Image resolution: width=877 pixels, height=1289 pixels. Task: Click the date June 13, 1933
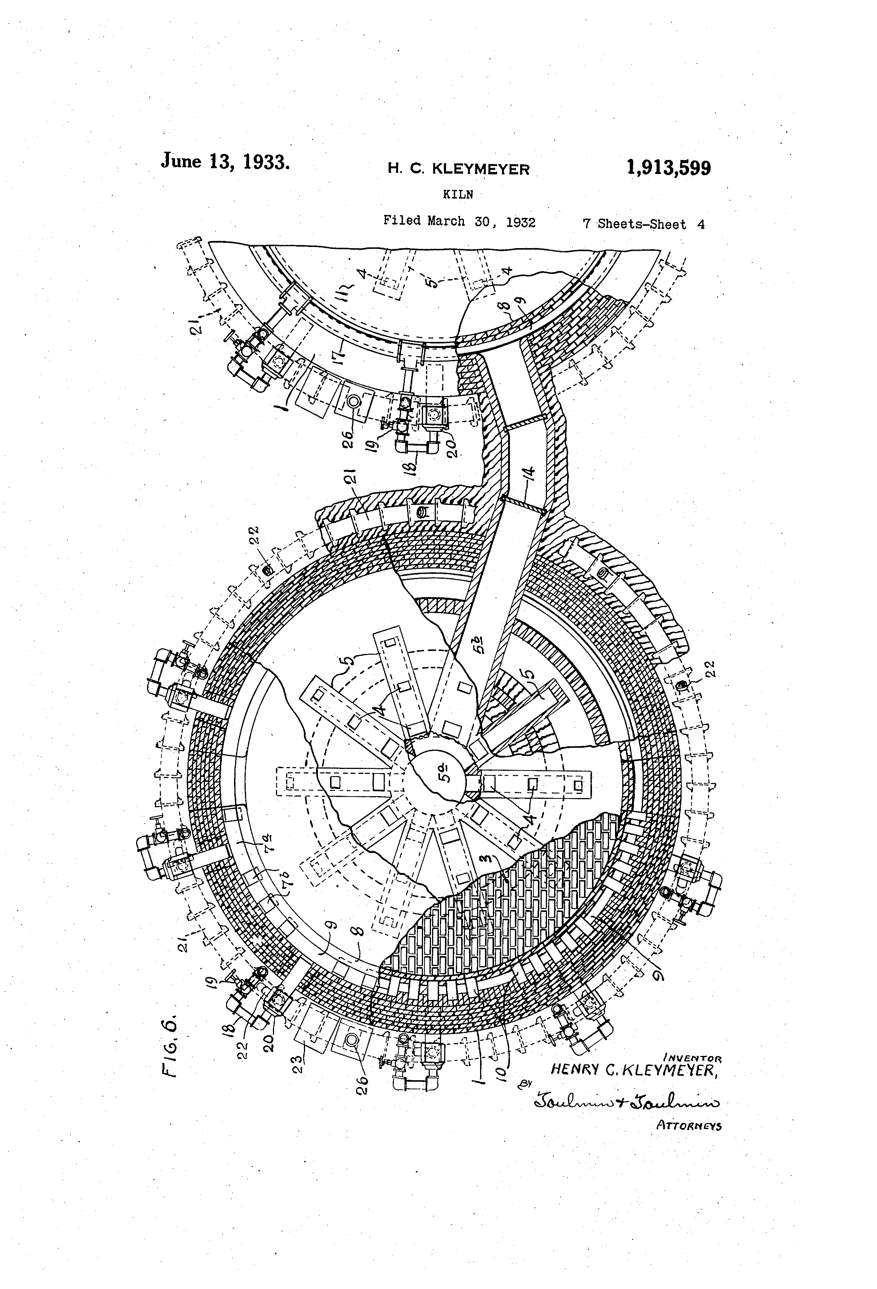[x=225, y=162]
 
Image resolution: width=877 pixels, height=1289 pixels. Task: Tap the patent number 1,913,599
[x=668, y=168]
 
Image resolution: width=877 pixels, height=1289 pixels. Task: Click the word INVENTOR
[x=693, y=1057]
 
